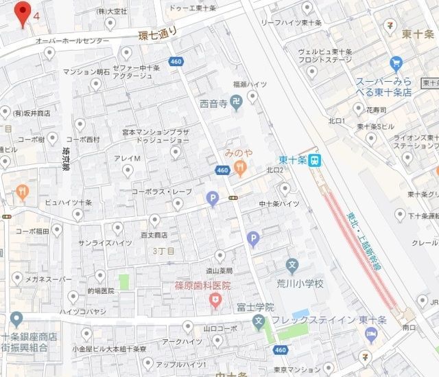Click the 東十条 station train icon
click(314, 161)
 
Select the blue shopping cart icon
click(396, 65)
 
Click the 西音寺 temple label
click(213, 105)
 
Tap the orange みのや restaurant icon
click(240, 172)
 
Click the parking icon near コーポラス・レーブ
click(213, 198)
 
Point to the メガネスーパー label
click(48, 279)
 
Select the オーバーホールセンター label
click(73, 41)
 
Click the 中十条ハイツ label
click(279, 204)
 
